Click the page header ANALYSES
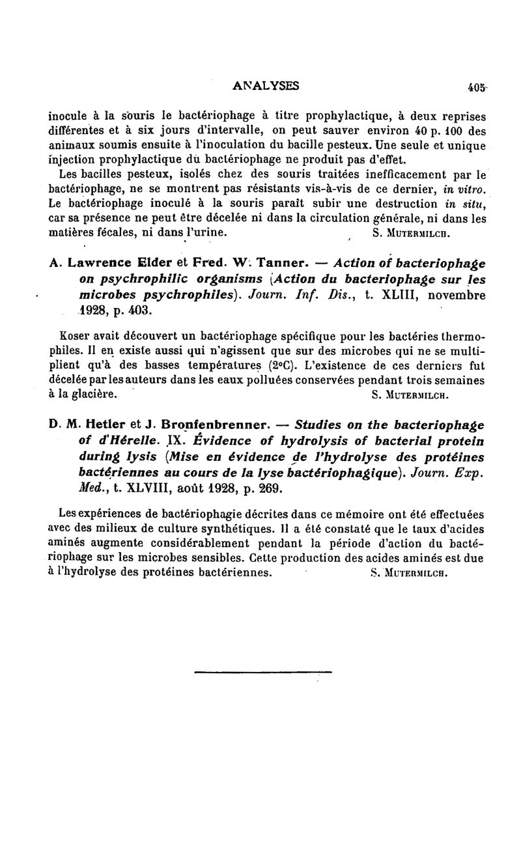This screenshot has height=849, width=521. point(266,85)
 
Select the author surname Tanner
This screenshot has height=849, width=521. point(278,264)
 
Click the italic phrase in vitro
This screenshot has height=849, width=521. point(464,189)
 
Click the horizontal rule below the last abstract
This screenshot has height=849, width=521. point(262,672)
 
